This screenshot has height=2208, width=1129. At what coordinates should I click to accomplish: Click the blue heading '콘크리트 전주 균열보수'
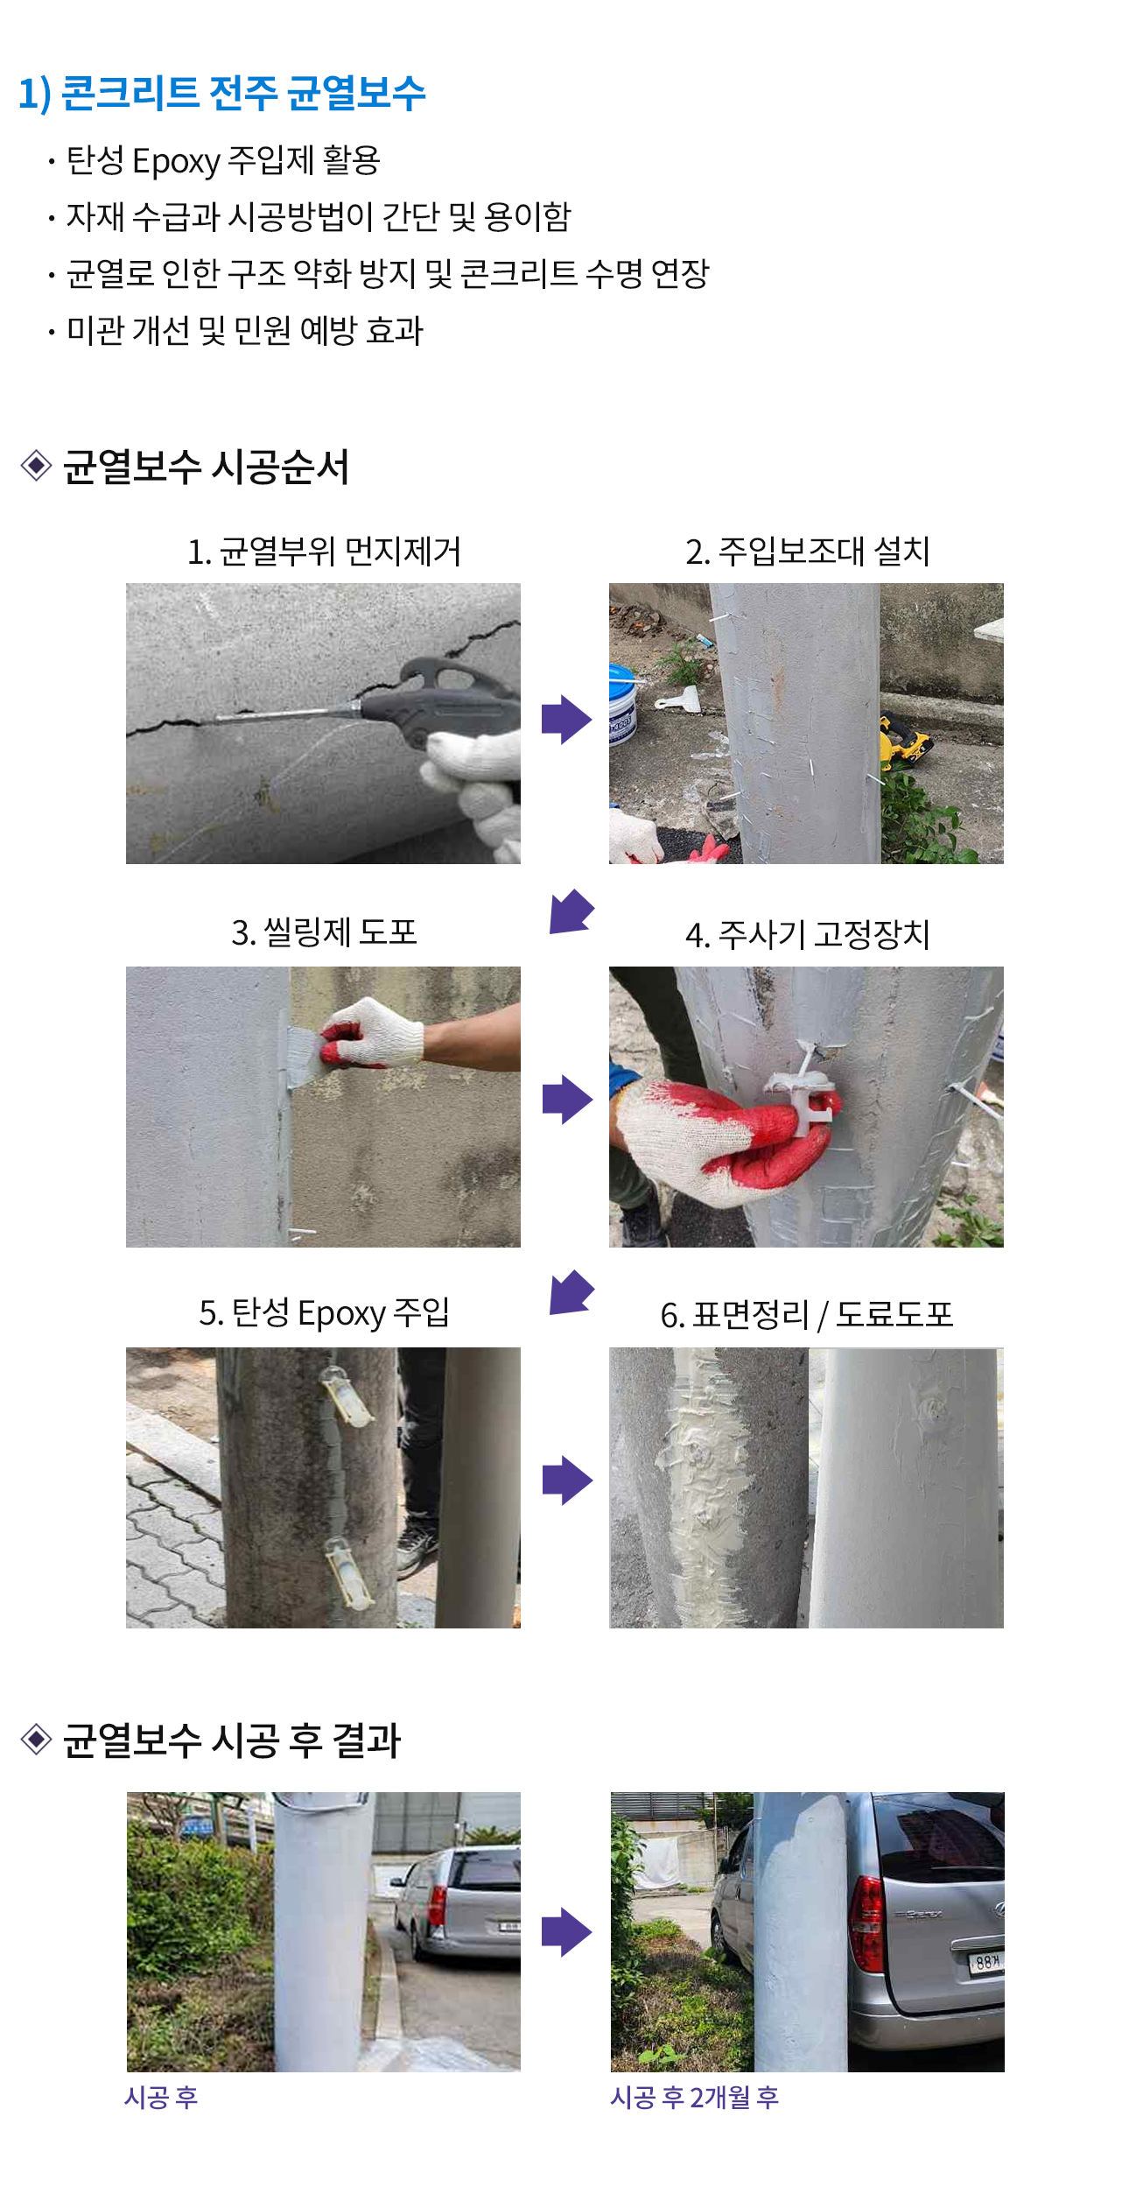243,93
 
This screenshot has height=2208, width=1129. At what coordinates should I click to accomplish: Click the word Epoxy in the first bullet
176,162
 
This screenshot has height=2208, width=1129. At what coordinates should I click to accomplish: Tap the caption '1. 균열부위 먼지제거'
324,552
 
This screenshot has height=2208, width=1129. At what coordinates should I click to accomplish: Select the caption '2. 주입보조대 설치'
807,552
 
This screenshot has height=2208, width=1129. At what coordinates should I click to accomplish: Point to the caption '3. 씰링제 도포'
324,932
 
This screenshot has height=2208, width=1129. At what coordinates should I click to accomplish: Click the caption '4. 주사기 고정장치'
807,935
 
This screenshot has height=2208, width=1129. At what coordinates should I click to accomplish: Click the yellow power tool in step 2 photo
905,741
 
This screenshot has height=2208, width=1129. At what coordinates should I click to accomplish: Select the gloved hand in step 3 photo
371,1033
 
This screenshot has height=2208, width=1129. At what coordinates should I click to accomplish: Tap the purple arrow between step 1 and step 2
567,720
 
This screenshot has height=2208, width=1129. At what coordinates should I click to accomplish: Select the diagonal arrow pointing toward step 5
572,1292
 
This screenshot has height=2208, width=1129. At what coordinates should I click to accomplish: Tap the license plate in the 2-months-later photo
986,1960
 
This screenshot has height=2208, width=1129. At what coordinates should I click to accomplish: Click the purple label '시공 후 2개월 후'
695,2098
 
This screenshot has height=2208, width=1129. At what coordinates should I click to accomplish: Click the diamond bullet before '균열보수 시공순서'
36,465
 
